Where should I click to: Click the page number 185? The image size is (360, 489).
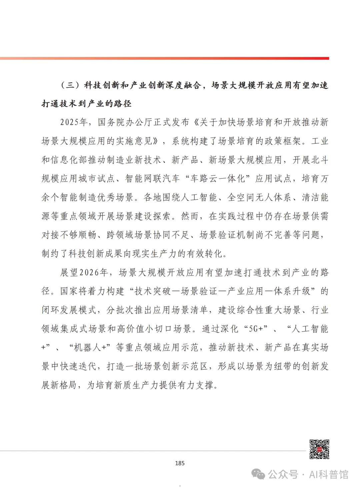(180, 463)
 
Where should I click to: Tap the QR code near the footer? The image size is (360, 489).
(319, 449)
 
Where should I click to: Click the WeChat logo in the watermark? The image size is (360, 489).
(258, 474)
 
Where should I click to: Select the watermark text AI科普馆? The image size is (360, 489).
(329, 474)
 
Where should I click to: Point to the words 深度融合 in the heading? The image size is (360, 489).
(183, 85)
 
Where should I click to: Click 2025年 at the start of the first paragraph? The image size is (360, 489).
(74, 122)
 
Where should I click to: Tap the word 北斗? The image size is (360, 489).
(320, 160)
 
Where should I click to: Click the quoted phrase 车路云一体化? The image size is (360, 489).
(218, 178)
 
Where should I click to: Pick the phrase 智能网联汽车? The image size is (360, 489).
(153, 178)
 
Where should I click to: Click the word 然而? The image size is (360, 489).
(190, 216)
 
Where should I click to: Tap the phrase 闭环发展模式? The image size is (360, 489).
(69, 310)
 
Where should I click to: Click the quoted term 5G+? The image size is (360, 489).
(256, 329)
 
